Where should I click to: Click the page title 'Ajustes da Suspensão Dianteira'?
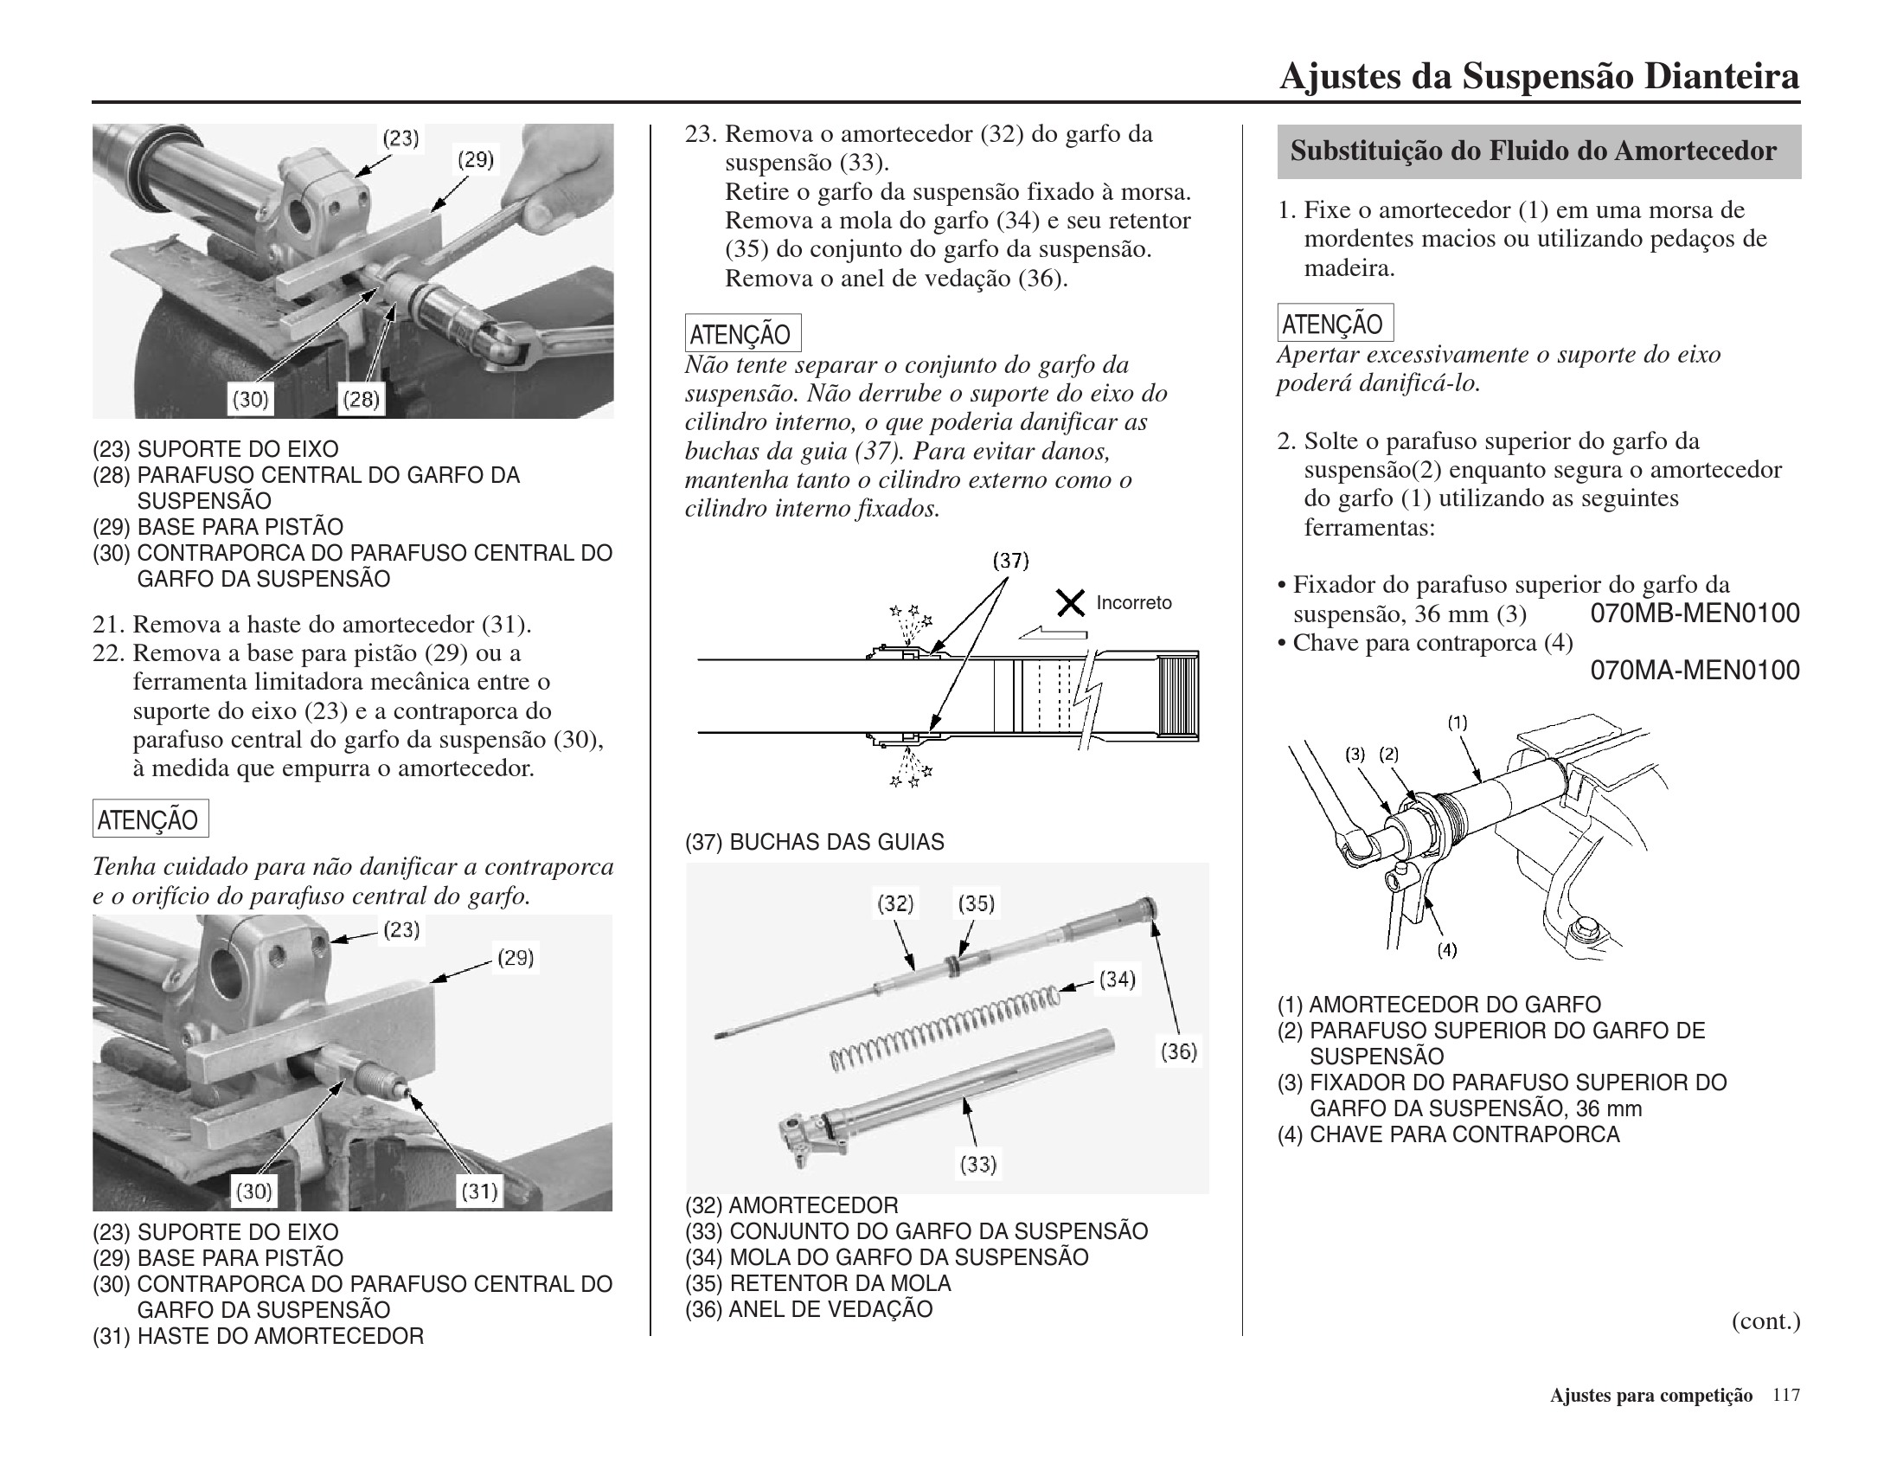pyautogui.click(x=1539, y=77)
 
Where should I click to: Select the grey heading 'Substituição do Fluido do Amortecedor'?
pyautogui.click(x=1533, y=151)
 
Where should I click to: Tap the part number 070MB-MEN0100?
pyautogui.click(x=1695, y=613)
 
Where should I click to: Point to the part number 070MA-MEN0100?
pyautogui.click(x=1695, y=670)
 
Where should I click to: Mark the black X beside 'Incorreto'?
pyautogui.click(x=1071, y=602)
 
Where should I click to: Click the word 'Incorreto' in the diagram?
pyautogui.click(x=1134, y=603)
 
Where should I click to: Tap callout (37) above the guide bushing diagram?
pyautogui.click(x=1010, y=562)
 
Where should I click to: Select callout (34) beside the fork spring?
pyautogui.click(x=1117, y=980)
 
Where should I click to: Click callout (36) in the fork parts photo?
pyautogui.click(x=1179, y=1052)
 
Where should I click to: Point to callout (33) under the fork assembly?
pyautogui.click(x=977, y=1163)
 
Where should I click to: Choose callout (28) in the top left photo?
pyautogui.click(x=361, y=400)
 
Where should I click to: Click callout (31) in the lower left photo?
pyautogui.click(x=479, y=1192)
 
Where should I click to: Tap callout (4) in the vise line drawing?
pyautogui.click(x=1446, y=951)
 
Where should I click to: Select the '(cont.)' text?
pyautogui.click(x=1765, y=1321)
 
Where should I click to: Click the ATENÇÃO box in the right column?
pyautogui.click(x=1334, y=324)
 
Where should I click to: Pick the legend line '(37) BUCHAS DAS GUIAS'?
pyautogui.click(x=815, y=843)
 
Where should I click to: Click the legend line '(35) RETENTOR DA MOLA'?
pyautogui.click(x=818, y=1283)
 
